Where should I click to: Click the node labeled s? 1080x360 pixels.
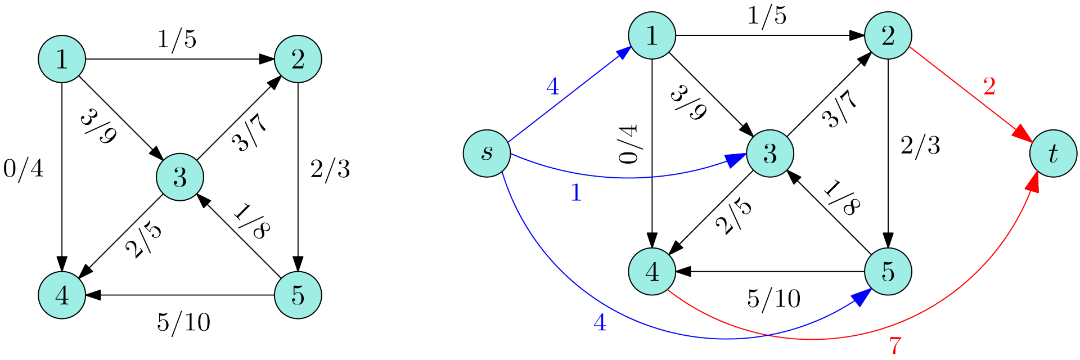pos(487,154)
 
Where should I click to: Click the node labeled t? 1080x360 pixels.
pos(1053,154)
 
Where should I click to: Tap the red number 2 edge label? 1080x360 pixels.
pos(989,86)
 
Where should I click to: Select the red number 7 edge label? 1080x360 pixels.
pos(895,345)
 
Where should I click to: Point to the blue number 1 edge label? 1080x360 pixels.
pos(576,193)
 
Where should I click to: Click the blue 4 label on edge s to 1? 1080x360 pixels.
pos(553,87)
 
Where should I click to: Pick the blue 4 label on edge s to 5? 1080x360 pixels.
pos(600,322)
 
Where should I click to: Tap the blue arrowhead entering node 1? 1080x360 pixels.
pos(624,53)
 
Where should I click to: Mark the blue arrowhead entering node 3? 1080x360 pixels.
pos(736,160)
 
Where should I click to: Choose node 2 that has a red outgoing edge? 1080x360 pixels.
pos(888,35)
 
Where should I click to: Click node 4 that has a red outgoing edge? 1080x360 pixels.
pos(652,272)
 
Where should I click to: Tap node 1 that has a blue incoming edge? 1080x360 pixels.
pos(652,35)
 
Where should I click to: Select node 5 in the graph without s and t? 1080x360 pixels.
pos(298,295)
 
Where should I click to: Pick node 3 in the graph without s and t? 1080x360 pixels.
pos(180,177)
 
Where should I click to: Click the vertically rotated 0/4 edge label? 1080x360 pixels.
pos(628,145)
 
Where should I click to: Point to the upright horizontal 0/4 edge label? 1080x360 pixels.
pos(24,168)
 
